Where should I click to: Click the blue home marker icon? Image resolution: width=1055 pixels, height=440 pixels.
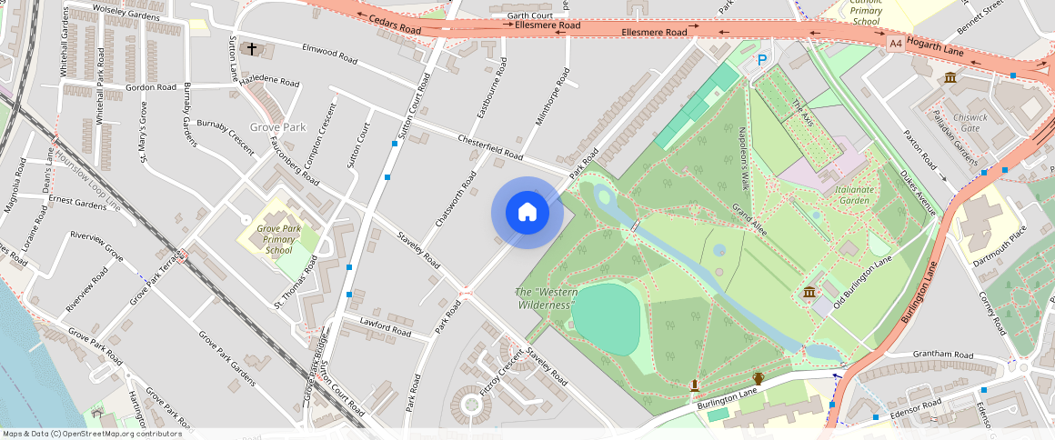[x=527, y=213]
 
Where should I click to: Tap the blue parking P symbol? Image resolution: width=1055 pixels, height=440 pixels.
[x=762, y=60]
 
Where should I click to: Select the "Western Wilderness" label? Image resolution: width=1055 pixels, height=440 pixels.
[x=546, y=298]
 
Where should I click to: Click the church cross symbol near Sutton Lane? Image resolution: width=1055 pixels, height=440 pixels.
[x=250, y=49]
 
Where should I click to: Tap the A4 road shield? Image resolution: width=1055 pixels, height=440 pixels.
[x=896, y=42]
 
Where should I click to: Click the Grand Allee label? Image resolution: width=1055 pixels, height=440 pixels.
[x=750, y=220]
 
